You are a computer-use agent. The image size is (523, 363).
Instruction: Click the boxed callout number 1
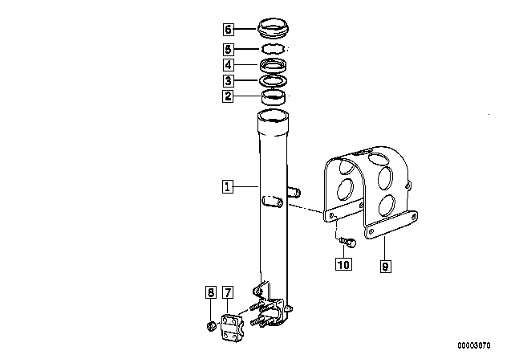pos(228,186)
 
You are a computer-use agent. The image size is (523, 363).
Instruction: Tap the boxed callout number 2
pos(228,96)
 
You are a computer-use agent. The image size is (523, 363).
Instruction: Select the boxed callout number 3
pos(228,80)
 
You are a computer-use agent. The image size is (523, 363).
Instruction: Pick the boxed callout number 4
pos(228,65)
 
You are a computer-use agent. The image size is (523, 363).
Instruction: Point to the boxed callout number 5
pos(228,50)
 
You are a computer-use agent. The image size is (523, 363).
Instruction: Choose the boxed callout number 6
pos(228,30)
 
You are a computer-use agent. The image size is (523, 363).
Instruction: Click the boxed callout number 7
pos(228,292)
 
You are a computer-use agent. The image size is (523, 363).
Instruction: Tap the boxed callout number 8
pos(210,292)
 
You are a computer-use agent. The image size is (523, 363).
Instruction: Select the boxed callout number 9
pos(385,267)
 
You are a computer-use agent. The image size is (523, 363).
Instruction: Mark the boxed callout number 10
pos(343,264)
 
